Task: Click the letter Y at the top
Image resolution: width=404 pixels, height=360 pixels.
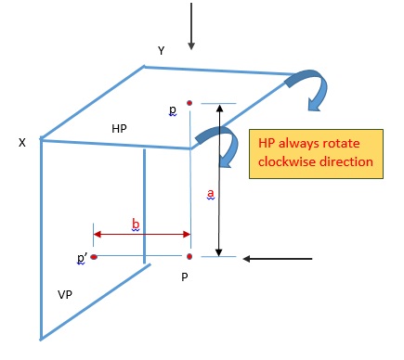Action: pyautogui.click(x=162, y=50)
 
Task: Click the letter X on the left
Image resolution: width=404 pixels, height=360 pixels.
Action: pyautogui.click(x=21, y=143)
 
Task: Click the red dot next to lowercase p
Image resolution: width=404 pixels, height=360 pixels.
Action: pyautogui.click(x=189, y=102)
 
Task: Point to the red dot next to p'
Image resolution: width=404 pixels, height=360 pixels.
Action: pyautogui.click(x=94, y=256)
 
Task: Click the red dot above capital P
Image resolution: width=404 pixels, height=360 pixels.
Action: pyautogui.click(x=189, y=256)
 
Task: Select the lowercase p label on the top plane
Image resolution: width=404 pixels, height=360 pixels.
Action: pyautogui.click(x=173, y=109)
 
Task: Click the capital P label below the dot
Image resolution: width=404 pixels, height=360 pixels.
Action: pyautogui.click(x=186, y=276)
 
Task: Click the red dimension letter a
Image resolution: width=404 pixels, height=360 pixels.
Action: pyautogui.click(x=210, y=193)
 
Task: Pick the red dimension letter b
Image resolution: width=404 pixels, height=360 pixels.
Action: pyautogui.click(x=136, y=225)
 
